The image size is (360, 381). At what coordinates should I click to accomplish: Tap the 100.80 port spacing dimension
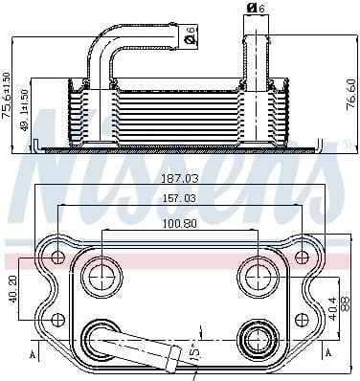pos(177,225)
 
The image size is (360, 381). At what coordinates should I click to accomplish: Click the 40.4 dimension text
pos(331,310)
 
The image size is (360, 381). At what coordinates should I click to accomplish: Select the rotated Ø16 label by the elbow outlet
pos(191,35)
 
